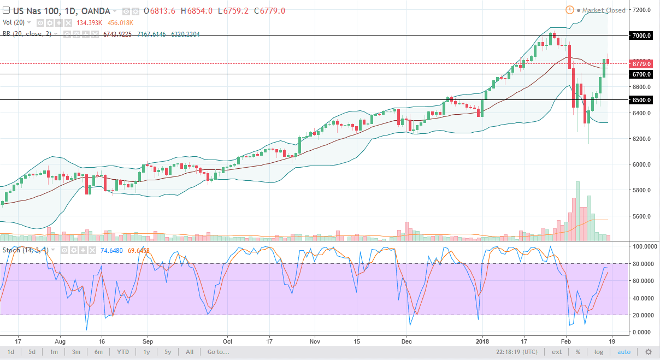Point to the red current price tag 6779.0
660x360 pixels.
pos(641,63)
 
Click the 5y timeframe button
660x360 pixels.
pos(168,352)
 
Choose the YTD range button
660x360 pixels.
pos(123,352)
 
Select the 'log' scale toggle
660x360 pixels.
pos(599,352)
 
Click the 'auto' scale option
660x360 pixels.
pos(624,352)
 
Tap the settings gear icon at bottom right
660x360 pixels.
pos(649,352)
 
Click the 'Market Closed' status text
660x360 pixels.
pos(603,10)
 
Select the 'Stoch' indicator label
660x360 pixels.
pos(12,250)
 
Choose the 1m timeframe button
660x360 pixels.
pos(54,352)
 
